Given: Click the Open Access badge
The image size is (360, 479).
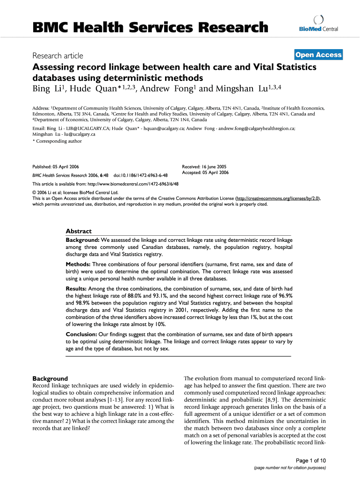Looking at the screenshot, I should point(318,55).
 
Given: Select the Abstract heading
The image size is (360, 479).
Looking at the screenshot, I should point(79,231).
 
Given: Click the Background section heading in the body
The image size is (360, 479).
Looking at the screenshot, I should point(50,378).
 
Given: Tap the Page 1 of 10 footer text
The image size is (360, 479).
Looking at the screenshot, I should point(310,460).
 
